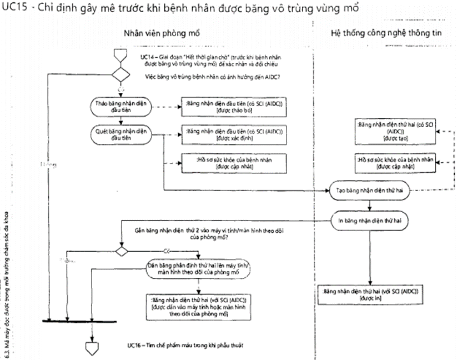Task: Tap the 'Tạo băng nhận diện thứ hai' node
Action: (370, 190)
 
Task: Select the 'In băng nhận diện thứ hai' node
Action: (370, 220)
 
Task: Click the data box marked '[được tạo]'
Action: (394, 130)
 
